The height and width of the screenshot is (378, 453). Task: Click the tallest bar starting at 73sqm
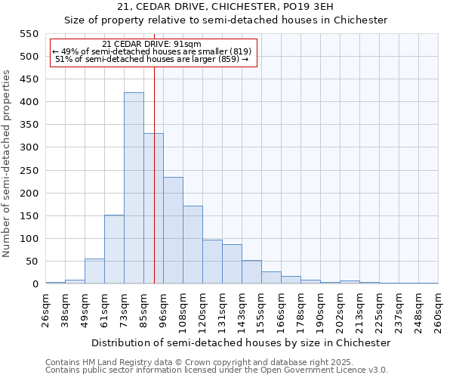[134, 188]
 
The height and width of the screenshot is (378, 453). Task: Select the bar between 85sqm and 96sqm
[153, 209]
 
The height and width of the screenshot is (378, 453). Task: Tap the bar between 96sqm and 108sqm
[173, 231]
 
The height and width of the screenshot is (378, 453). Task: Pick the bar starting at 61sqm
[114, 249]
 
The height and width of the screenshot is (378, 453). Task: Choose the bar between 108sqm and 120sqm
[193, 245]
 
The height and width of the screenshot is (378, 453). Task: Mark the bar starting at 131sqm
[232, 264]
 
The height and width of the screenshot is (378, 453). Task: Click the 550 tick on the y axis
[28, 34]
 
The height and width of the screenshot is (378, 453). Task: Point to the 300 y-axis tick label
[28, 147]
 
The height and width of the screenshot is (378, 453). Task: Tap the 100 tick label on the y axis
[28, 239]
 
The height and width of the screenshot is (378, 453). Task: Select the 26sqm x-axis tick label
[45, 308]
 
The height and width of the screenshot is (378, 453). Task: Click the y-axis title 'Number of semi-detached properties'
[8, 163]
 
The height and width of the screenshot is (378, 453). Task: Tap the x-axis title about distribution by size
[242, 342]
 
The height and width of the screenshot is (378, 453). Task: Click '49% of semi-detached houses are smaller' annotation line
[153, 51]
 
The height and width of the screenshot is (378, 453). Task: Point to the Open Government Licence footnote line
[217, 370]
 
